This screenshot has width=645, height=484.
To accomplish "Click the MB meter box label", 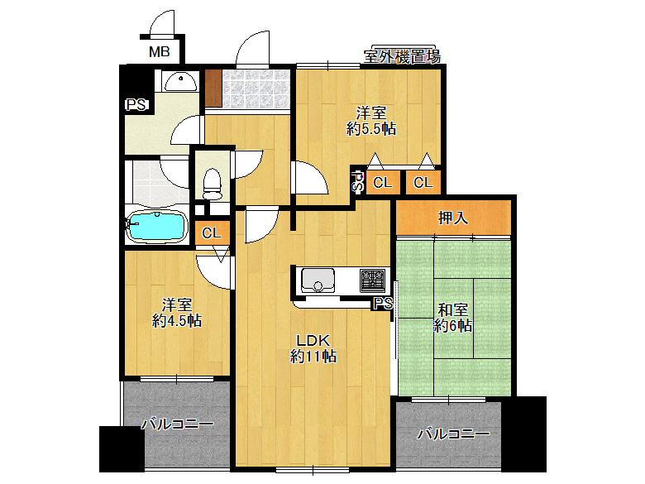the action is point(160,52).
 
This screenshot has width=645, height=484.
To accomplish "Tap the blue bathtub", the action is point(157,226).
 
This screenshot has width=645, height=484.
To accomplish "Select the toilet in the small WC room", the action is point(213,184).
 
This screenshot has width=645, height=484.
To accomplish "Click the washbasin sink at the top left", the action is point(180,82).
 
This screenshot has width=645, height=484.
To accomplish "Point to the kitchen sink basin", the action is point(318,280).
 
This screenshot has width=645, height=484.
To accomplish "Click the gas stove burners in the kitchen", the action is point(373,280).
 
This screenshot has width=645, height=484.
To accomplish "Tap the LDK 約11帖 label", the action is point(313,348).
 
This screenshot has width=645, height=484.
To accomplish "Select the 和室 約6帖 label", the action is point(452,318).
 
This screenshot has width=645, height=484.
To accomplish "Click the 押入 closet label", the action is point(453,218).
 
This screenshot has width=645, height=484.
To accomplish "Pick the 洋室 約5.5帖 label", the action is point(371,121).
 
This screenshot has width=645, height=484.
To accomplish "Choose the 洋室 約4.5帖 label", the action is point(177,313).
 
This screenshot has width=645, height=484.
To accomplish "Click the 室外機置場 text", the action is point(402,56).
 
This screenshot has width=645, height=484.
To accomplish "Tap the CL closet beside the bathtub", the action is point(212,233).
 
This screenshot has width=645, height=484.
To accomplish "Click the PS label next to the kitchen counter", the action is point(383,304).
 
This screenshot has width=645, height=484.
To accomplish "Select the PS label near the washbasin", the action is point(136,104).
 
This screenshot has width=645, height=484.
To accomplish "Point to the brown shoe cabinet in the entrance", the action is point(213,89).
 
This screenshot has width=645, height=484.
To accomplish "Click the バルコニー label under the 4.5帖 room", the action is point(177,424).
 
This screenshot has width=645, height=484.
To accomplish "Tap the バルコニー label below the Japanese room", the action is point(453,434).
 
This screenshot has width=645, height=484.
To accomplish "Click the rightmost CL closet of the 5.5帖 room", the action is point(423,182).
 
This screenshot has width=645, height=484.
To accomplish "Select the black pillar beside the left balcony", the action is point(122,449).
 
